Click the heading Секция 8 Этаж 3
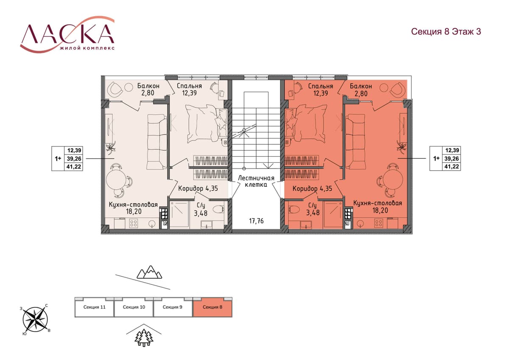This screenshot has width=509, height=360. (446, 31)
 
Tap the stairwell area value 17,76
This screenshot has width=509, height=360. (256, 221)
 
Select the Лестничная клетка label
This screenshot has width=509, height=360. (256, 181)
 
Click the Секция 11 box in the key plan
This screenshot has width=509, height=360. (94, 307)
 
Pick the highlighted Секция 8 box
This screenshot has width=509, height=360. (213, 307)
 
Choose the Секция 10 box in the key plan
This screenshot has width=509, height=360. (134, 307)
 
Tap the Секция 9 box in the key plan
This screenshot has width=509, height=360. (173, 307)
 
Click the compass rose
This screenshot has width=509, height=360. (35, 319)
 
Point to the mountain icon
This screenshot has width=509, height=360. (149, 272)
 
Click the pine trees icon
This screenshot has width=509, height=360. (144, 338)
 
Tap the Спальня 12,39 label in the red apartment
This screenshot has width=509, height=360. (321, 90)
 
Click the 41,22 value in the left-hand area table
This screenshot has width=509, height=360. (74, 167)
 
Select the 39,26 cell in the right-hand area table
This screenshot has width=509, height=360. (452, 158)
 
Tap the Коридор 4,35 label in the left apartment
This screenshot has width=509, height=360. (198, 188)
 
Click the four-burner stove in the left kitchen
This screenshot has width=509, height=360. (133, 223)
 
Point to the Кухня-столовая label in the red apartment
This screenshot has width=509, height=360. (378, 203)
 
